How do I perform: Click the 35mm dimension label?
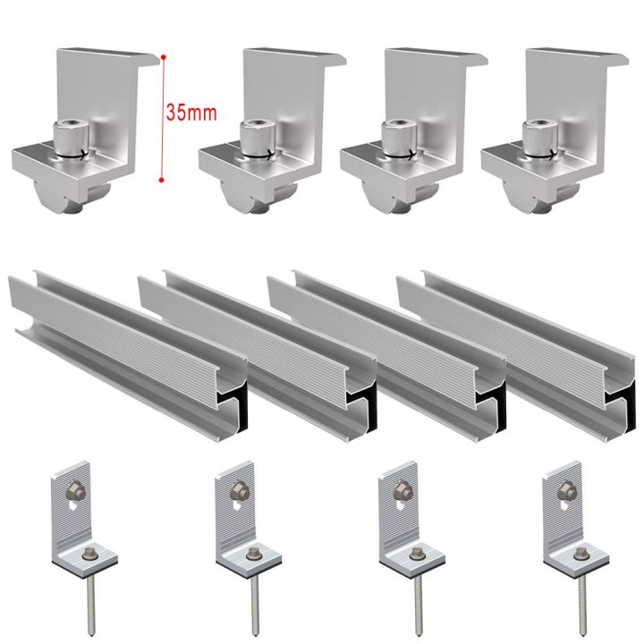pos(191,114)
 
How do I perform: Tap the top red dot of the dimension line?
pos(162,57)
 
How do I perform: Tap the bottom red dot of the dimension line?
pos(161,181)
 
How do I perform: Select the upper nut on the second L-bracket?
pos(239,488)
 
